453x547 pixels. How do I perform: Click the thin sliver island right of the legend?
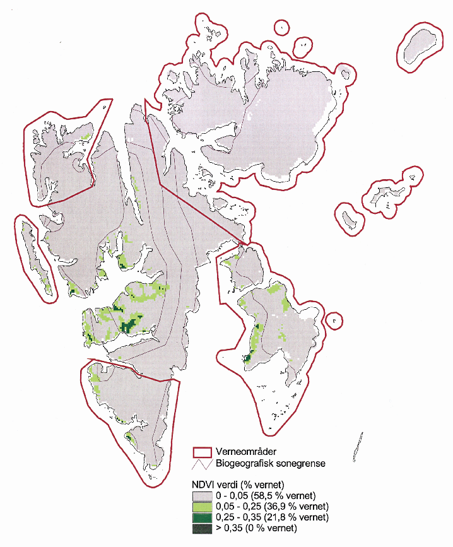[x=358, y=446]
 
